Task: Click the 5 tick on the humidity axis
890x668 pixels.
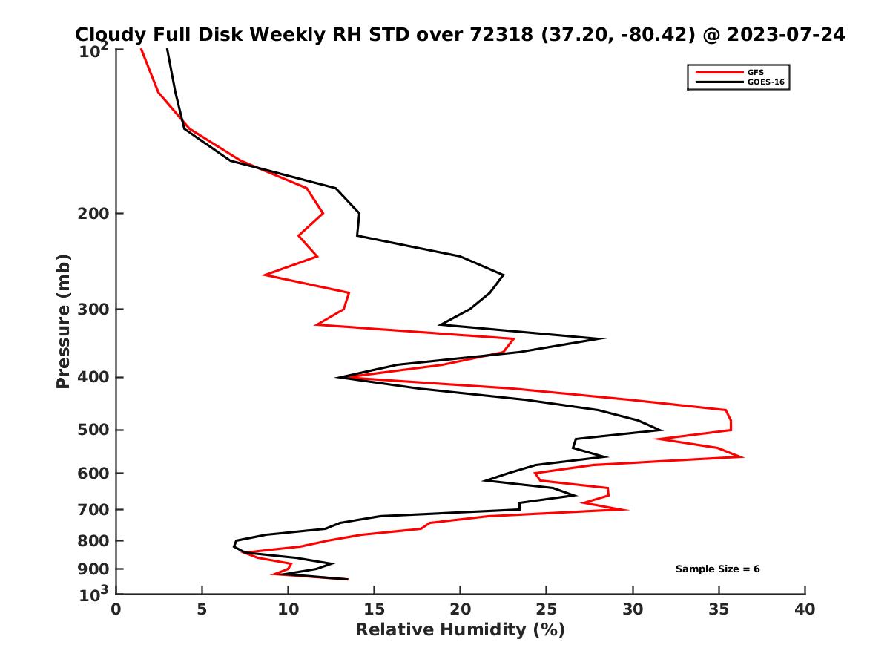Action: tap(202, 610)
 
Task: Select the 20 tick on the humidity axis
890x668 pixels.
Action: tap(460, 610)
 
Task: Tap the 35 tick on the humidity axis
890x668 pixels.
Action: tap(719, 610)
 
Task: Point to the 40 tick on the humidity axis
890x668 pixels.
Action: tap(805, 610)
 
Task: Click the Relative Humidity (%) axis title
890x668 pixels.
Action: tap(460, 630)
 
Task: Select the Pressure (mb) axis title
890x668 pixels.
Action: tap(63, 321)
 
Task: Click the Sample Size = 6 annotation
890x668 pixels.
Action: tap(717, 569)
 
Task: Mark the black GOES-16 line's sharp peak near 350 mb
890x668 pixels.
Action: tap(604, 338)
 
